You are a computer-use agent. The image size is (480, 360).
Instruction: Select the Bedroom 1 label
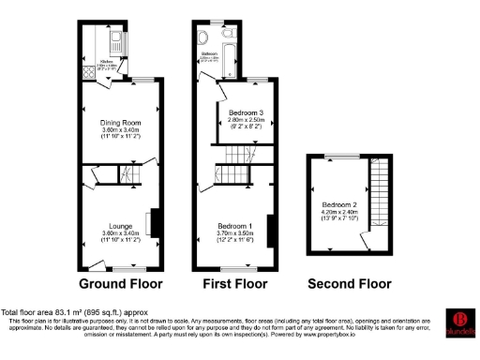(233, 227)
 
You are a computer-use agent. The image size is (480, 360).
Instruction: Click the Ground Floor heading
(120, 283)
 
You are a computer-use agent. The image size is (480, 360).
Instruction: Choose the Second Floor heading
(349, 283)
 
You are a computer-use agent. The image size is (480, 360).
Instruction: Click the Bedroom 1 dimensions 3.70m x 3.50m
(233, 235)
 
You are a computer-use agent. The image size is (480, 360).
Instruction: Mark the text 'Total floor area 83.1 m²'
(52, 312)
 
